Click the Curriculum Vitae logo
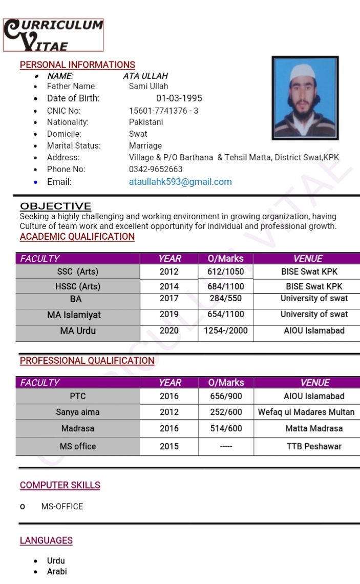(53, 35)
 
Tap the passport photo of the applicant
(305, 98)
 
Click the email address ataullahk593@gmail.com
(180, 182)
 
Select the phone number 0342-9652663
(156, 169)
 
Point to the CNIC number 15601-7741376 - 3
(163, 111)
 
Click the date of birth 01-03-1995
(179, 98)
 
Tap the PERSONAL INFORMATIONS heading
(77, 65)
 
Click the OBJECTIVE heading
(56, 206)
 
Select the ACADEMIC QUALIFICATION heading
(77, 237)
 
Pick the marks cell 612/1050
(225, 272)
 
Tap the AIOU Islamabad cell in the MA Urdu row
(314, 331)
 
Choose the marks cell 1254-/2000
(225, 331)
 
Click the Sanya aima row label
(78, 412)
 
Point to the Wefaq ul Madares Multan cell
(306, 412)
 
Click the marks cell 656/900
(226, 396)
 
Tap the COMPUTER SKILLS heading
(60, 485)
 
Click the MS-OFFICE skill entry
(62, 507)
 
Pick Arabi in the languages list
(57, 572)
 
